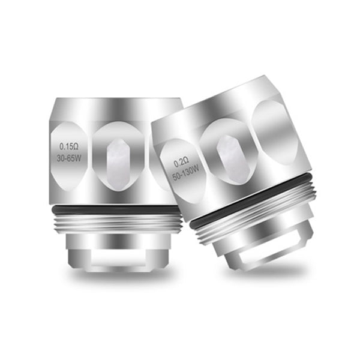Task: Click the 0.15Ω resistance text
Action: point(69,146)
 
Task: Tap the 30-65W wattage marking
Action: point(69,158)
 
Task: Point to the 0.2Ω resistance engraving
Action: point(181,163)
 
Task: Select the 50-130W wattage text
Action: point(186,174)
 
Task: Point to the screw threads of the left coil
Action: point(118,224)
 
